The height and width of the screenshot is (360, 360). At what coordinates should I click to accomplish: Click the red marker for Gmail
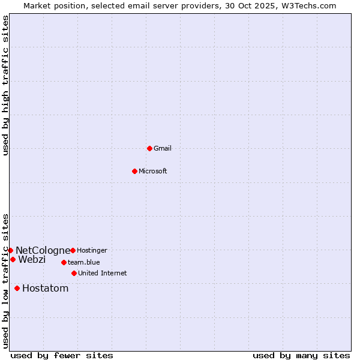149,148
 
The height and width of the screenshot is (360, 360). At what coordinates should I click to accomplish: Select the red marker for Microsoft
134,171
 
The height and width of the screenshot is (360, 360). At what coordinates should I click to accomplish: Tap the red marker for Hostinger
73,250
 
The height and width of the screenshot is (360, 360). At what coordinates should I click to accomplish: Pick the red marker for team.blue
64,262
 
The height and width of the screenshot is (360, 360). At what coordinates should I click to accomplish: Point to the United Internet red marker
74,273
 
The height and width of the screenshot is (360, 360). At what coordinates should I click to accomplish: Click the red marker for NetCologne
10,250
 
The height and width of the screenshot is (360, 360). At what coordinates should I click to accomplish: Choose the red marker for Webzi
13,259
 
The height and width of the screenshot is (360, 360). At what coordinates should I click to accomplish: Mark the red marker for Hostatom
17,288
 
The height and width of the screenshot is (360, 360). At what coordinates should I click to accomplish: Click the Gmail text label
163,148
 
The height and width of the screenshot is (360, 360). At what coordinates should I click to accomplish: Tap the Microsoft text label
153,171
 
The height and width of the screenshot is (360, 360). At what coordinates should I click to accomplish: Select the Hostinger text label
92,250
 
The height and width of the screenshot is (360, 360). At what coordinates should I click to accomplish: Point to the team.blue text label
84,262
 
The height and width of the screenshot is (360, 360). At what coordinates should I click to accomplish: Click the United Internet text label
103,273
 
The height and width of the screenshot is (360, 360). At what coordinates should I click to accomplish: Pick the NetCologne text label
43,250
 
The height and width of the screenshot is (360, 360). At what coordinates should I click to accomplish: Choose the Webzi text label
32,259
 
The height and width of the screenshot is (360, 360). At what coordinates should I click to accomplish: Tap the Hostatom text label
46,288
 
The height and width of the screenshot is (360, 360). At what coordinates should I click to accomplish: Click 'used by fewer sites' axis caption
62,355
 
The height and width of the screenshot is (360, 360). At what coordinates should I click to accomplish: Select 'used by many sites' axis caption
301,355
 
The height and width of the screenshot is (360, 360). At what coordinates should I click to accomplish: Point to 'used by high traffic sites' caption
5,85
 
